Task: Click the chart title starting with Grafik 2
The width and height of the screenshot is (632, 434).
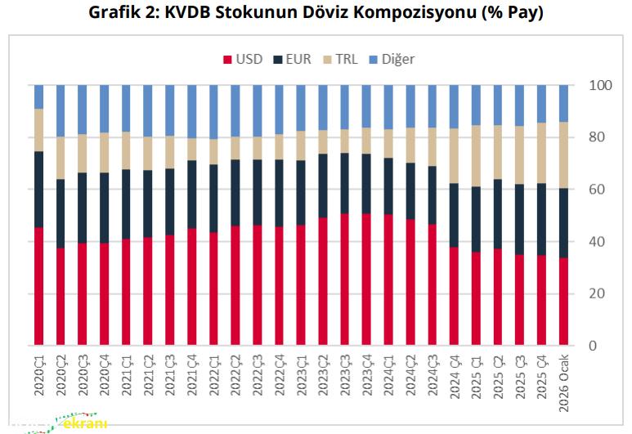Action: [x=316, y=13]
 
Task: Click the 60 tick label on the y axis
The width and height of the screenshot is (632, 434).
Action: [x=597, y=190]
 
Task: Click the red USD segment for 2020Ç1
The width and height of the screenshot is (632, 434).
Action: [x=39, y=286]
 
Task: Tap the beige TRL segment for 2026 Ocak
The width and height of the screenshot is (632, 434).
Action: [x=563, y=155]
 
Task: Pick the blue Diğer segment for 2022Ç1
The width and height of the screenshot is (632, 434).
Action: [x=214, y=111]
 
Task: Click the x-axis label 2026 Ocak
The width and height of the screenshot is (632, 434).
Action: [x=563, y=377]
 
